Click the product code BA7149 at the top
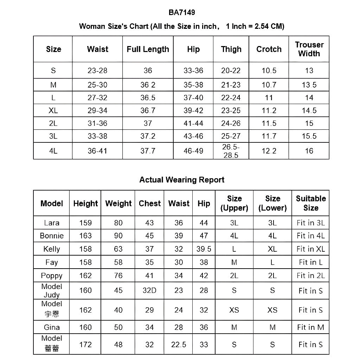182,13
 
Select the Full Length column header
148,49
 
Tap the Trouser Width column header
309,49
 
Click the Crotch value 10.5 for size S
269,71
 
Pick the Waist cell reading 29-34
97,110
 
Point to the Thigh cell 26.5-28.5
231,151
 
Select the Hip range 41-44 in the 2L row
193,123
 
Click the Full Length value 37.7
148,151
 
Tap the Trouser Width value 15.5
309,136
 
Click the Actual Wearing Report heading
182,180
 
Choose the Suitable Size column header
311,203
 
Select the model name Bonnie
52,236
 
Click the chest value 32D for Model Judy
149,290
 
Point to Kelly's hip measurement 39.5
204,249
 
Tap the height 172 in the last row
85,345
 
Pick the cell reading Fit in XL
311,249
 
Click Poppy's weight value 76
118,276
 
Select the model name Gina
52,327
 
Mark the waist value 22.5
179,345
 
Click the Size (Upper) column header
234,203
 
